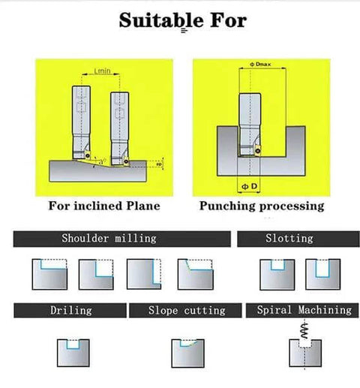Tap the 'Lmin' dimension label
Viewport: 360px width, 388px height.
click(x=102, y=71)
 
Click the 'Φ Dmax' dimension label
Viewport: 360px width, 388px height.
click(x=260, y=65)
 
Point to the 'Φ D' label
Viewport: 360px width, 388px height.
click(x=249, y=186)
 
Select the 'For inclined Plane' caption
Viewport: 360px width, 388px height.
click(x=104, y=206)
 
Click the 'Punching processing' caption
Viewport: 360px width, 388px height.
click(x=262, y=206)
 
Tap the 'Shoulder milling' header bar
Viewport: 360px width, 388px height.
click(x=122, y=239)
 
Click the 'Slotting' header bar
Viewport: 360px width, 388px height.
click(x=298, y=239)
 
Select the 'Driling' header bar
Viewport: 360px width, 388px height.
click(x=70, y=311)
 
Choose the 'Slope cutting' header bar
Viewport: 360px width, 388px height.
click(x=185, y=311)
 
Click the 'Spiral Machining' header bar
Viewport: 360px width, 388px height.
click(x=302, y=311)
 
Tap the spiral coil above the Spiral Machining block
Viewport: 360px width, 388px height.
click(x=304, y=330)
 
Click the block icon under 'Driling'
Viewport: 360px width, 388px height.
click(x=73, y=353)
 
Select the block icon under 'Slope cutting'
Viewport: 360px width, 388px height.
click(x=187, y=353)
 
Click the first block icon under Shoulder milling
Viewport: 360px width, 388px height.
click(x=49, y=275)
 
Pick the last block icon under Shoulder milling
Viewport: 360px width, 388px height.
click(x=196, y=275)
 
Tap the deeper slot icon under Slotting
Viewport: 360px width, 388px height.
click(x=322, y=275)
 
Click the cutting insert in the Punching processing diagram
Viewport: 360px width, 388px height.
click(x=257, y=150)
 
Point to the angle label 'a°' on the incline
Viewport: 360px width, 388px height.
click(x=102, y=161)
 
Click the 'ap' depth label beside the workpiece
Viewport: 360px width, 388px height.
click(x=159, y=164)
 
